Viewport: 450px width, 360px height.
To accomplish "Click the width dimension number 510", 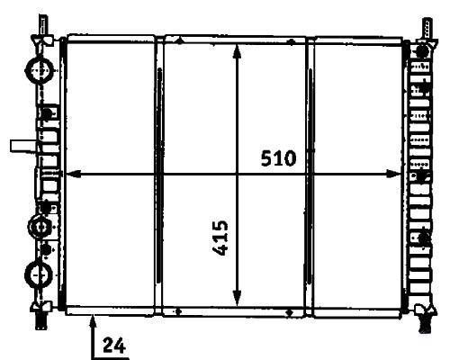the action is tap(278, 158).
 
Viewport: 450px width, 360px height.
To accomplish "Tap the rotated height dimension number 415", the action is tap(220, 238).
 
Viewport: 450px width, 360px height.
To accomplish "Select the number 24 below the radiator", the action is tap(114, 346).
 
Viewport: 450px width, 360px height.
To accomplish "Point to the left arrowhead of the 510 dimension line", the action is tap(73, 174).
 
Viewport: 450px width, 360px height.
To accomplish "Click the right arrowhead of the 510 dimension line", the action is tap(393, 174).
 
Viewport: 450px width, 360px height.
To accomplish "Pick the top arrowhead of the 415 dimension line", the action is tap(237, 52).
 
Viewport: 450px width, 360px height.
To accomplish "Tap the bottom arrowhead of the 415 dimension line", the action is tap(237, 299).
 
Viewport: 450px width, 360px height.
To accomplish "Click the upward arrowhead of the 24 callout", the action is tap(94, 321).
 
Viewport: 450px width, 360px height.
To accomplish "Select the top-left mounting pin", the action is tap(43, 26).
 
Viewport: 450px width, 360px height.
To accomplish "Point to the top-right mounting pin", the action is tap(427, 29).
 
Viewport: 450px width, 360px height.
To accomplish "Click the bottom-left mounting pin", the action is tap(41, 320).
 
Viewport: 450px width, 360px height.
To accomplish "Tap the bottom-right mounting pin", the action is tap(425, 323).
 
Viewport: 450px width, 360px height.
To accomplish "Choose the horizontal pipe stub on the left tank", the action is tap(23, 146).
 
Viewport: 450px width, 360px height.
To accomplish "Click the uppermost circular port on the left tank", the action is tap(40, 69).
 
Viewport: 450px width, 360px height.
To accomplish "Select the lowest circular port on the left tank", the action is tap(39, 274).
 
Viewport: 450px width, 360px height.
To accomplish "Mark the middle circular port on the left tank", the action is tap(40, 227).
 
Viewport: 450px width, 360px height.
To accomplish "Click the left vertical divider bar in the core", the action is tap(159, 175).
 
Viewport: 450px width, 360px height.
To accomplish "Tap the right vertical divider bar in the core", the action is tap(310, 175).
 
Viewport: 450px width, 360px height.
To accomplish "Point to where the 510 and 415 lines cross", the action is tap(237, 174).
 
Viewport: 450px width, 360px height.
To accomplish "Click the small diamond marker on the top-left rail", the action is tap(179, 40).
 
